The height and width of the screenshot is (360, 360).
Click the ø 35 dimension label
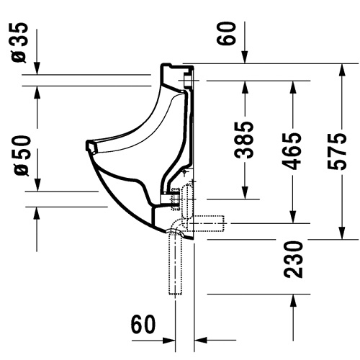click(x=20, y=42)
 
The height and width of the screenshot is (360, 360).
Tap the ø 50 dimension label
click(x=22, y=156)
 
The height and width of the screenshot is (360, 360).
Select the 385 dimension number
click(x=244, y=140)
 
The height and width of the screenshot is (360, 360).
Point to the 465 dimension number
click(x=292, y=151)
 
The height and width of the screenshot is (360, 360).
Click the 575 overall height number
click(x=337, y=152)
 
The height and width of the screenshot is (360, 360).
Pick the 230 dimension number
click(x=293, y=260)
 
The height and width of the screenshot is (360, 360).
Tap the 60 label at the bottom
click(x=143, y=324)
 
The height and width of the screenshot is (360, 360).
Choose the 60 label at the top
click(x=225, y=33)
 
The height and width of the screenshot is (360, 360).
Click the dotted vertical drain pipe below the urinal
click(x=175, y=264)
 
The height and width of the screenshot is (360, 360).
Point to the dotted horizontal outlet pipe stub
click(x=206, y=224)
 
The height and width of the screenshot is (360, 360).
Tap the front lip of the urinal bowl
click(x=91, y=146)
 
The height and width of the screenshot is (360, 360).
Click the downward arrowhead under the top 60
click(x=245, y=58)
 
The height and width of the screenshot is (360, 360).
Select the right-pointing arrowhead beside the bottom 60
click(x=168, y=340)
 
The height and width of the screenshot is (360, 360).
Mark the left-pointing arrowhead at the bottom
click(x=200, y=340)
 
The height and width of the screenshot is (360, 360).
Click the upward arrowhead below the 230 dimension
click(x=293, y=300)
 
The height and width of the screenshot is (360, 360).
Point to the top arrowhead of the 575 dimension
click(x=342, y=70)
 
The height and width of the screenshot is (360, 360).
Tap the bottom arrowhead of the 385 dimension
click(x=245, y=193)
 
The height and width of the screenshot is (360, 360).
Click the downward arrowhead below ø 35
click(x=37, y=68)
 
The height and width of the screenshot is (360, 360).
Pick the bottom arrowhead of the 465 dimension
click(x=293, y=217)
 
